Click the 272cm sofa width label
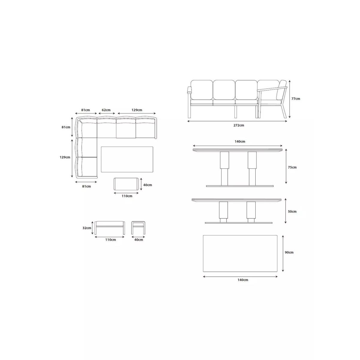click(x=238, y=125)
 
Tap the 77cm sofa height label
click(x=296, y=98)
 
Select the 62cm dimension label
click(x=106, y=110)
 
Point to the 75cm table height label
click(x=292, y=167)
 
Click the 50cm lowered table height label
click(x=292, y=212)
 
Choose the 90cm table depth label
click(x=289, y=252)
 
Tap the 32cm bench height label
click(x=87, y=228)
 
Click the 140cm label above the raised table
click(x=240, y=142)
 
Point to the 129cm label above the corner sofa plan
click(x=137, y=110)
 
